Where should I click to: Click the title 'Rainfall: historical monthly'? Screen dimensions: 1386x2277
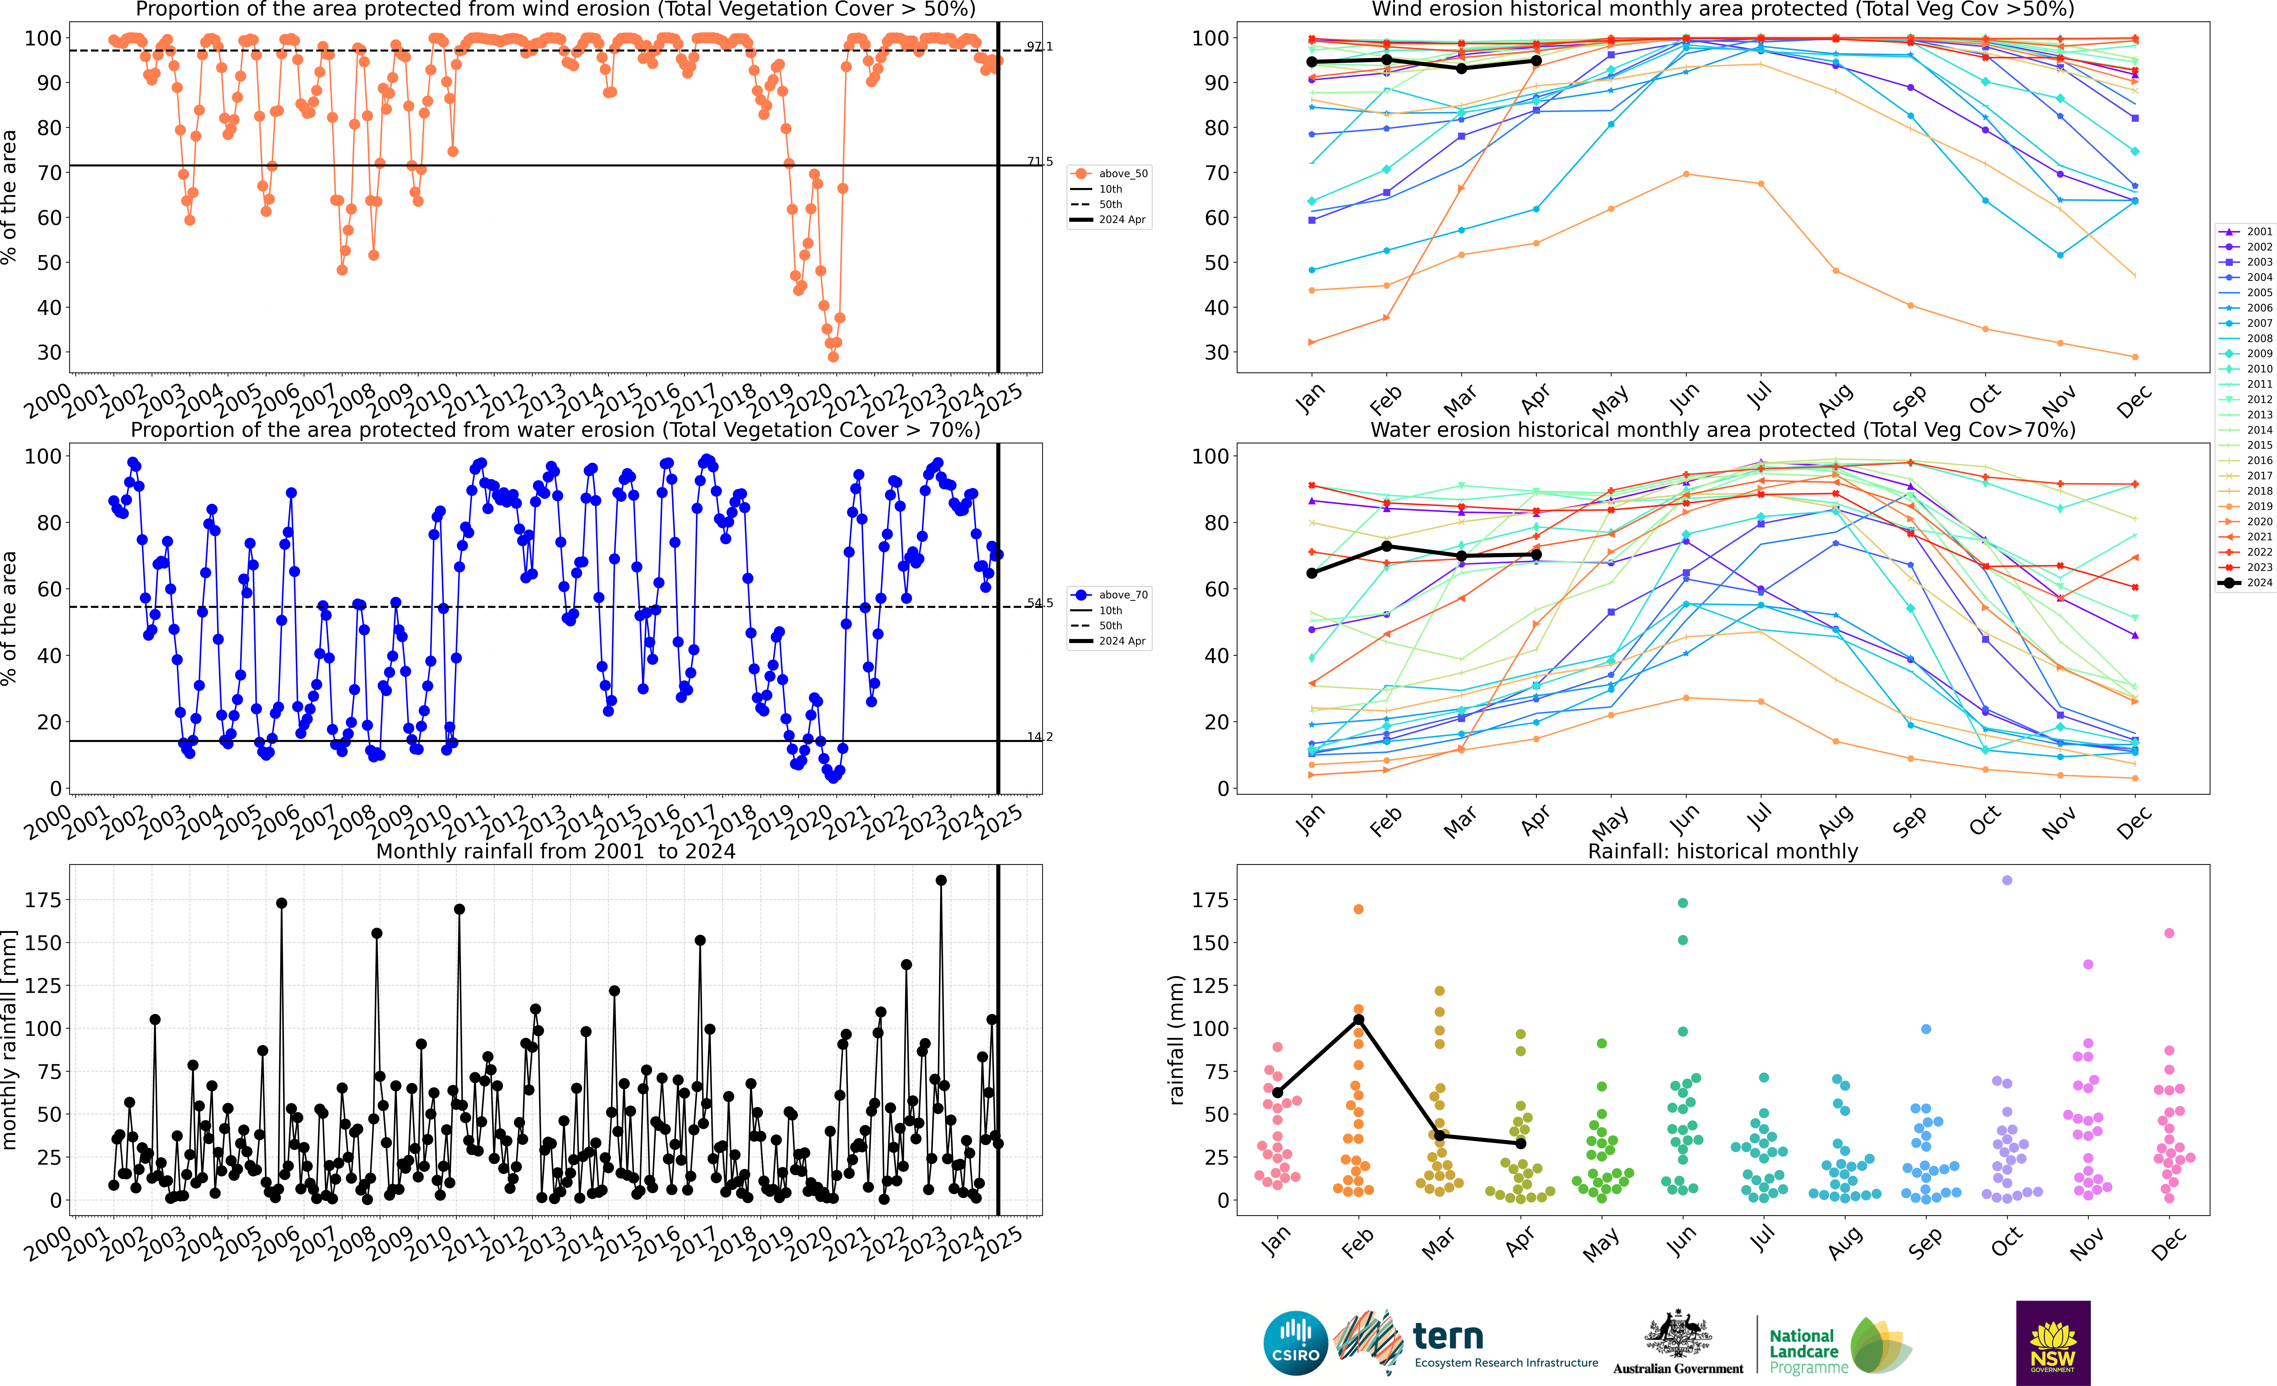point(1723,851)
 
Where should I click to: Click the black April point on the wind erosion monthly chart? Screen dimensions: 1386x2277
point(1536,61)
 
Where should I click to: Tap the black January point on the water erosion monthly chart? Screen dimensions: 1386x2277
point(1312,574)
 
